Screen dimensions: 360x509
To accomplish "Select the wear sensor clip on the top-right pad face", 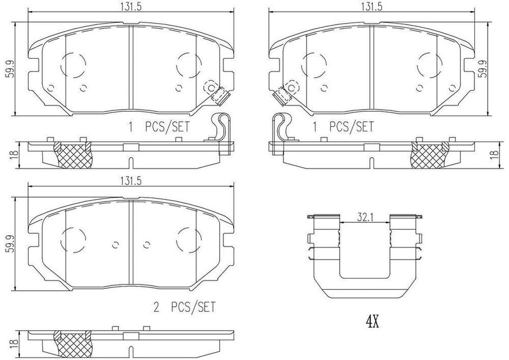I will [x=284, y=94].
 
